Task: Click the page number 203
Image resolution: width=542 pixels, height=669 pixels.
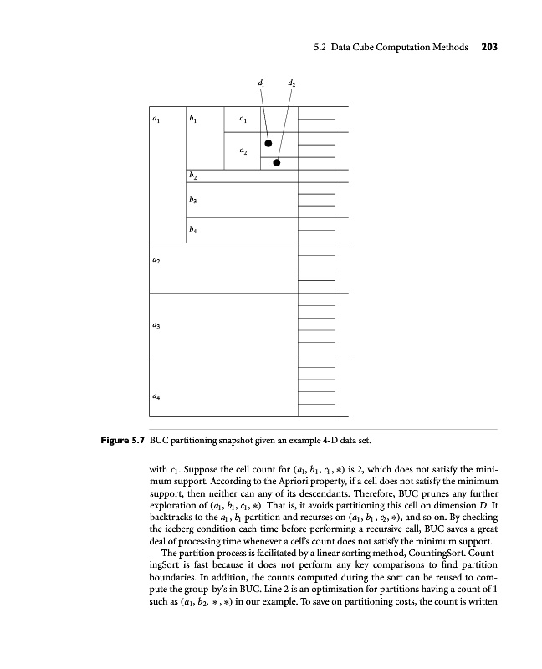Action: [x=489, y=48]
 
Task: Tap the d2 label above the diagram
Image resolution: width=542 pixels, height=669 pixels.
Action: [x=290, y=84]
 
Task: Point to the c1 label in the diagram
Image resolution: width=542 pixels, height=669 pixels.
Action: [x=243, y=121]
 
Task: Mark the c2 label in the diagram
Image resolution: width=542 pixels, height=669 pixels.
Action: [x=243, y=152]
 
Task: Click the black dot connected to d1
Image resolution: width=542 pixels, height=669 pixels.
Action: [x=268, y=143]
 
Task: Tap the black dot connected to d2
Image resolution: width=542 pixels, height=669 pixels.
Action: [x=277, y=163]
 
